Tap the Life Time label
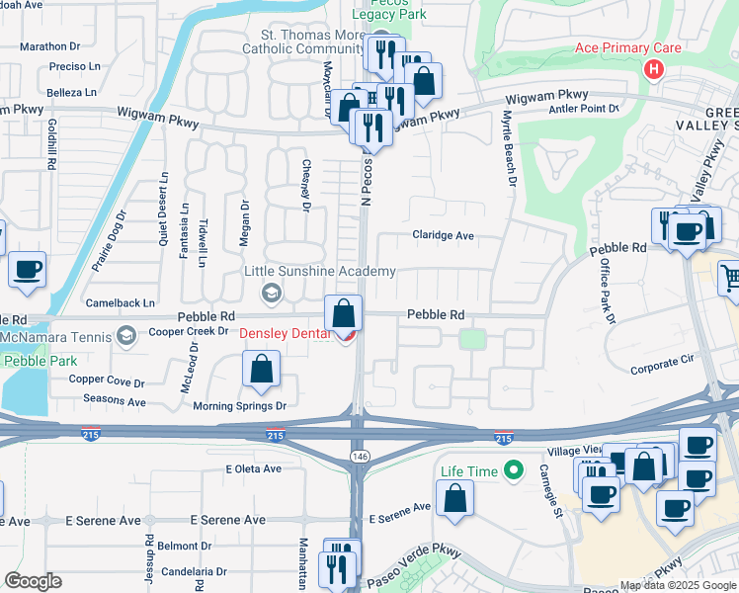[469, 471]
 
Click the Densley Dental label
[287, 334]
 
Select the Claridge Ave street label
[444, 236]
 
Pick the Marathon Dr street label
[49, 46]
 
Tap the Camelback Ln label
[121, 302]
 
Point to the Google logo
[33, 581]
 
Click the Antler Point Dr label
[583, 109]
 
